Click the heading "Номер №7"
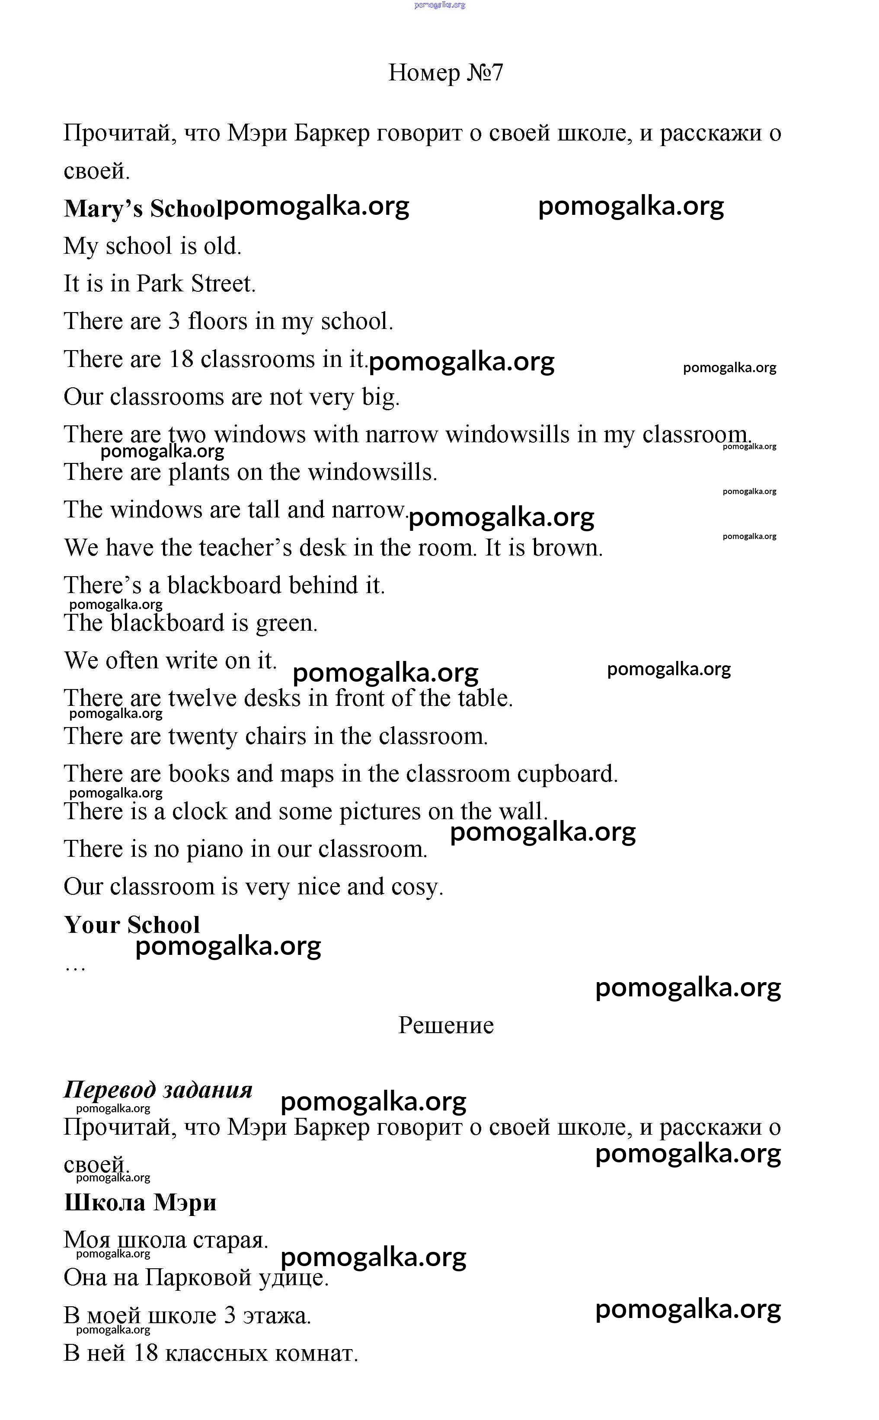(x=445, y=73)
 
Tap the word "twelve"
(x=202, y=699)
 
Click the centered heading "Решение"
(x=445, y=1025)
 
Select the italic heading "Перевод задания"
(x=158, y=1089)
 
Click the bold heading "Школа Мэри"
(x=140, y=1203)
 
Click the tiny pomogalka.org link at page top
(x=439, y=5)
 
